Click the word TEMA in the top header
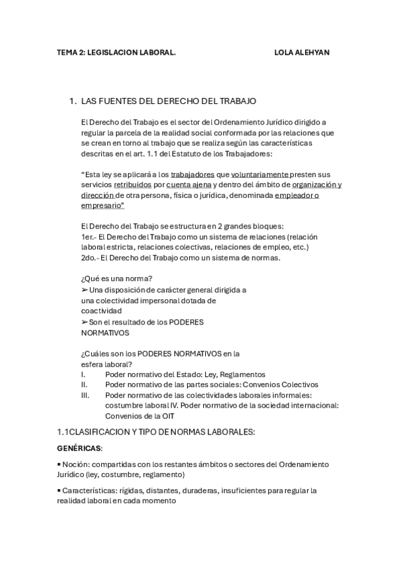(67, 52)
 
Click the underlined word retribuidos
(133, 185)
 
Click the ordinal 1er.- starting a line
(88, 237)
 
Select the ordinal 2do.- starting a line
(89, 257)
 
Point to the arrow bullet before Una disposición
(84, 290)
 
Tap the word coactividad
(101, 310)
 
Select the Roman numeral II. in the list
(85, 384)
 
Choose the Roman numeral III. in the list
(85, 395)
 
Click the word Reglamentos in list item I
(242, 374)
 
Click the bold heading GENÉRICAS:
(79, 449)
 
